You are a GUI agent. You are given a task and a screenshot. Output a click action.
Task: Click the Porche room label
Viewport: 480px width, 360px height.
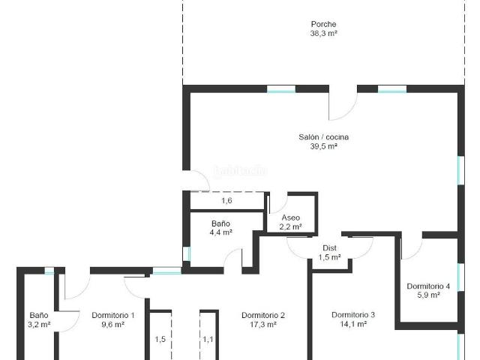323,24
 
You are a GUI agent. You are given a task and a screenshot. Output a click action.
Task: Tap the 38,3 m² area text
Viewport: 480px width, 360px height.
323,34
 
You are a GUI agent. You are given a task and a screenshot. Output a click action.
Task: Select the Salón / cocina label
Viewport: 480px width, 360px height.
323,137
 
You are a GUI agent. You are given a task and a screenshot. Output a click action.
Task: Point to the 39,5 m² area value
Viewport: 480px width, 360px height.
323,147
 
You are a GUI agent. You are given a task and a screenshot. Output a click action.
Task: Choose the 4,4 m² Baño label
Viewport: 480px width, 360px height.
220,223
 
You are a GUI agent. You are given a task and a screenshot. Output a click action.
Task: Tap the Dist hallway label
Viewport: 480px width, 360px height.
329,247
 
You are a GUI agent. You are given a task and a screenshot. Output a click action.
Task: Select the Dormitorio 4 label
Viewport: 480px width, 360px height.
428,286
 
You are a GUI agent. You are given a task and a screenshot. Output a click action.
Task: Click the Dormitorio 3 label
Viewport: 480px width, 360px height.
353,315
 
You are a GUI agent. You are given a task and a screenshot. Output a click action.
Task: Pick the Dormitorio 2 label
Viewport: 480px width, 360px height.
263,315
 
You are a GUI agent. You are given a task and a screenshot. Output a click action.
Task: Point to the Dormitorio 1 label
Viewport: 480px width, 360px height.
113,315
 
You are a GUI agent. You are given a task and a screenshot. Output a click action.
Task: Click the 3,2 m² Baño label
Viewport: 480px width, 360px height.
39,315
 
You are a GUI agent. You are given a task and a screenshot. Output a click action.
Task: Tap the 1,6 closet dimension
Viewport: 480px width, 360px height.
226,201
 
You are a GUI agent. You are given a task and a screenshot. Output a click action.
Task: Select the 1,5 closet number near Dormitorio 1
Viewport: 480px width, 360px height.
160,339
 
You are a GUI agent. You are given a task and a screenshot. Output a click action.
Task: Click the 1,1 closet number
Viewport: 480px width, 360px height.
208,339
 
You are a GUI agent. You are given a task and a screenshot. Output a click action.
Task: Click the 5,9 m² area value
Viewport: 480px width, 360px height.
428,295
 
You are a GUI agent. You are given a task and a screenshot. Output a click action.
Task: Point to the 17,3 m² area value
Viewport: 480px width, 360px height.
263,325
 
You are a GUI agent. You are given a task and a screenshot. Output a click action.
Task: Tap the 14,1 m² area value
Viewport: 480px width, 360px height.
353,325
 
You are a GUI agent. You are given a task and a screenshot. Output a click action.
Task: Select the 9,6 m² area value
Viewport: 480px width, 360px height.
113,325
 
